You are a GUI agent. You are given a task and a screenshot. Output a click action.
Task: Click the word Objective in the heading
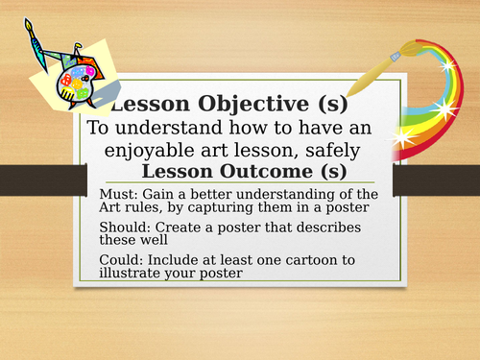[228, 104]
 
